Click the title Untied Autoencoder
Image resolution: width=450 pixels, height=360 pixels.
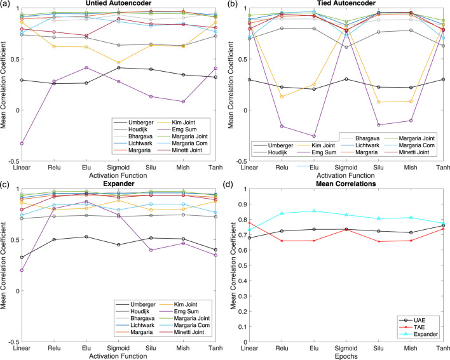[x=118, y=3]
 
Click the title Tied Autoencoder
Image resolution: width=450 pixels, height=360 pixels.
[x=346, y=3]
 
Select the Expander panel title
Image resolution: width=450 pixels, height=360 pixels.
[x=118, y=183]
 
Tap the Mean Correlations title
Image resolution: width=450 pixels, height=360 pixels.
[x=346, y=183]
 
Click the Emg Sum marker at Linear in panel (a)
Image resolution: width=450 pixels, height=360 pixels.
[x=22, y=143]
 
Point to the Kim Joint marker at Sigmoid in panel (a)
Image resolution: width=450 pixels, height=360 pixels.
[x=118, y=62]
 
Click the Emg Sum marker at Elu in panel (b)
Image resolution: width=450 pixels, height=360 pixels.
[x=314, y=136]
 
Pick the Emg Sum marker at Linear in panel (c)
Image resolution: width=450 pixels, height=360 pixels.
[x=22, y=270]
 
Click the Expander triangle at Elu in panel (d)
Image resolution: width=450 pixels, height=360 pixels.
[x=314, y=211]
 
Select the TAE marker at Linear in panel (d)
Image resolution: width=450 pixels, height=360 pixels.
[x=249, y=223]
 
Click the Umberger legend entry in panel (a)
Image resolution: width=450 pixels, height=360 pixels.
[x=133, y=123]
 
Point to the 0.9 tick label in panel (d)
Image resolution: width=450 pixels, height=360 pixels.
[x=239, y=204]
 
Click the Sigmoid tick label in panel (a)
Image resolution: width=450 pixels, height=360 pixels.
[x=118, y=167]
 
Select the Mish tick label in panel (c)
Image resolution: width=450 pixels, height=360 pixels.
[x=183, y=348]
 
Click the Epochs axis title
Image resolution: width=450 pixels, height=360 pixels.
[x=346, y=356]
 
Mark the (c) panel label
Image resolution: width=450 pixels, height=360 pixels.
[x=5, y=184]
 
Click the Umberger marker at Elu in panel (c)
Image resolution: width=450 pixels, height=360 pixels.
[x=86, y=237]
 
